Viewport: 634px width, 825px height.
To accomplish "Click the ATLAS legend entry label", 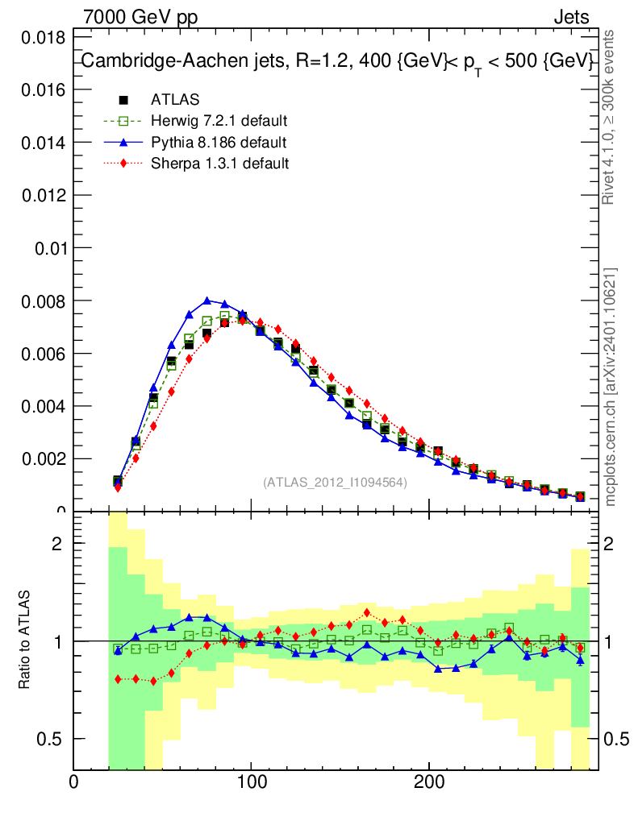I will tap(175, 100).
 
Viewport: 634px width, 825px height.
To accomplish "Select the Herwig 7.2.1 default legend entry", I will tap(219, 121).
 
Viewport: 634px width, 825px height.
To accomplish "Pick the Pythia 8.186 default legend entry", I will tap(219, 143).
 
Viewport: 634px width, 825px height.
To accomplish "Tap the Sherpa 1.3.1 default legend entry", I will tap(219, 164).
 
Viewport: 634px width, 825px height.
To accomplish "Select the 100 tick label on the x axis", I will tap(252, 782).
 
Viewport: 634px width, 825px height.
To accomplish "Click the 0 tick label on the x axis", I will tap(73, 782).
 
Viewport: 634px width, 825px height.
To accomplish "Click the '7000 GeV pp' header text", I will tap(140, 17).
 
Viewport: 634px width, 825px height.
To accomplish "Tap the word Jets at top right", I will tap(570, 17).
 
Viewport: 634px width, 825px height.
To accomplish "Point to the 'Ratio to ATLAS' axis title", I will tap(25, 641).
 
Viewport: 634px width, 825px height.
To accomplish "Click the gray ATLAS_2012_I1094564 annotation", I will tap(335, 482).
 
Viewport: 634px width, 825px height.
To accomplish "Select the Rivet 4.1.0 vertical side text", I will tap(610, 118).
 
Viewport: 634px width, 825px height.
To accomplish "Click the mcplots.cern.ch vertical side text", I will tap(610, 388).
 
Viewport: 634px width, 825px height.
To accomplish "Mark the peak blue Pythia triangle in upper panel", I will tap(207, 301).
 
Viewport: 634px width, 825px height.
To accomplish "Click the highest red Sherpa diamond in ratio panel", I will tap(367, 612).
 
